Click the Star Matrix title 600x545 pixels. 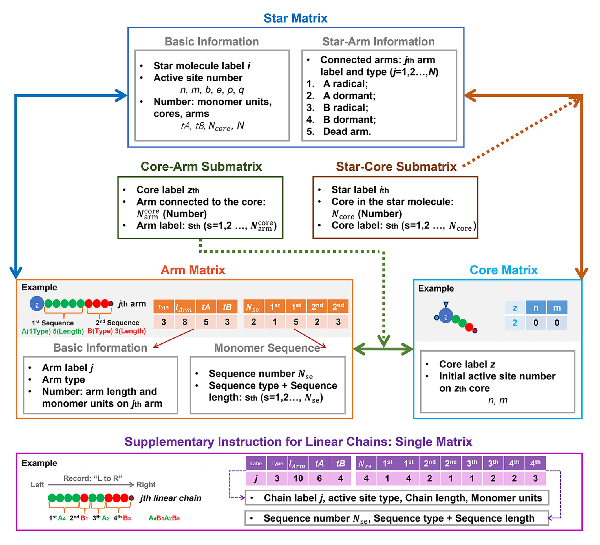pyautogui.click(x=295, y=18)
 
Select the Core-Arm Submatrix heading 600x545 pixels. pyautogui.click(x=201, y=166)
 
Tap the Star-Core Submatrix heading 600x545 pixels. pyautogui.click(x=396, y=167)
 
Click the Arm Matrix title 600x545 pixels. pyautogui.click(x=193, y=270)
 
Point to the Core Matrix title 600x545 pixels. pyautogui.click(x=504, y=270)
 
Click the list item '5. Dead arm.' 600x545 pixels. pyautogui.click(x=339, y=132)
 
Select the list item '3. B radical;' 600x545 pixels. pyautogui.click(x=337, y=108)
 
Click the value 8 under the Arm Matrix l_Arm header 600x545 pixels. pyautogui.click(x=185, y=322)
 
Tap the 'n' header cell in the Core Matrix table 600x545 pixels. pyautogui.click(x=536, y=308)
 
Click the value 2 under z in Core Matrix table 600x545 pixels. pyautogui.click(x=515, y=323)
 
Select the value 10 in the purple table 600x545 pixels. pyautogui.click(x=298, y=478)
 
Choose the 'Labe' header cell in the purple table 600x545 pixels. pyautogui.click(x=256, y=464)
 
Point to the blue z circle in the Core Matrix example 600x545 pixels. pyautogui.click(x=446, y=316)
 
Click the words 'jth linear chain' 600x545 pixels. pyautogui.click(x=171, y=498)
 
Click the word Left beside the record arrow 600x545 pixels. pyautogui.click(x=37, y=485)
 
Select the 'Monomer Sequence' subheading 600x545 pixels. pyautogui.click(x=267, y=348)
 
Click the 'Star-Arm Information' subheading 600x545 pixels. pyautogui.click(x=378, y=42)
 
